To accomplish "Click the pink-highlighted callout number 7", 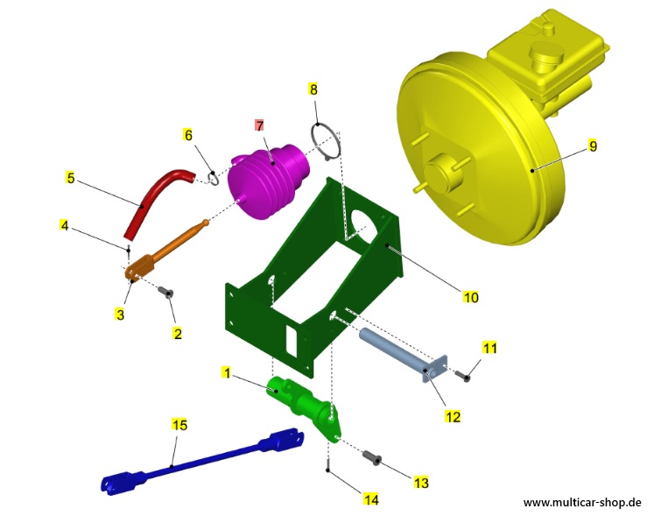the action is coord(260,125).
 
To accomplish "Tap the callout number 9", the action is coord(593,146).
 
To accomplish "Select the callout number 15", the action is coord(179,424).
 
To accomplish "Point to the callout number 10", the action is coord(471,297).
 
